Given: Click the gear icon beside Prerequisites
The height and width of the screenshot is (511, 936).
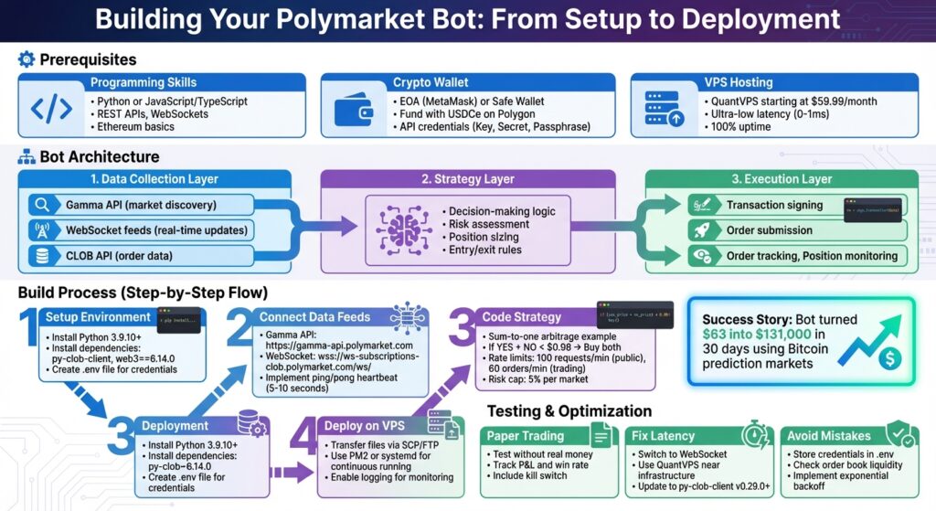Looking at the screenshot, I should tap(27, 59).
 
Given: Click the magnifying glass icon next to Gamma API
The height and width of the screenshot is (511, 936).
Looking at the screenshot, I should tap(40, 205).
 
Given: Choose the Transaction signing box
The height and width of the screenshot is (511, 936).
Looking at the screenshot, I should tap(774, 206).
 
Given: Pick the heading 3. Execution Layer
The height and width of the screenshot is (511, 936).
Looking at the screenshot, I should tap(782, 179).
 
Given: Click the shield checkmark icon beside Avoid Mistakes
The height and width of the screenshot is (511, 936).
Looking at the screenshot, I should tap(899, 433).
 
